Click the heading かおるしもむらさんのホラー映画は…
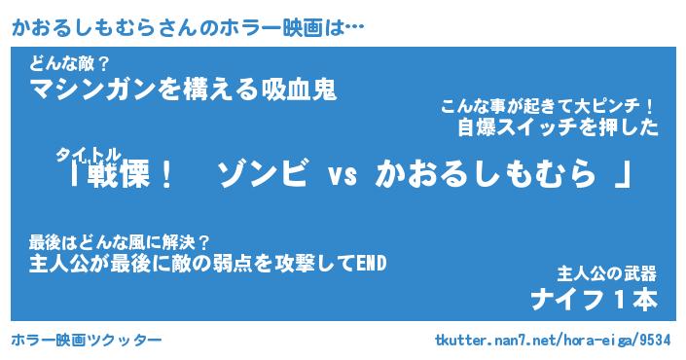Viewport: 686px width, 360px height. coord(188,28)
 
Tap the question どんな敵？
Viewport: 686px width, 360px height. coord(69,65)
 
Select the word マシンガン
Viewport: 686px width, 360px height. coord(93,90)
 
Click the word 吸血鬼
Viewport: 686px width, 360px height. coord(300,90)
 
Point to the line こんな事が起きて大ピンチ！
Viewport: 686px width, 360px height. coord(547,107)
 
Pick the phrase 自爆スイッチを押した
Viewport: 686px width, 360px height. coord(558,127)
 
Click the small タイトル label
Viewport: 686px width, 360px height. coord(88,154)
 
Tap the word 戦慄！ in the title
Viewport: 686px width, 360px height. coord(130,175)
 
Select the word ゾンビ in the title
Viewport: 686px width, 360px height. coord(263,173)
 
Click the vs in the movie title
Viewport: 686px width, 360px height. coord(343,176)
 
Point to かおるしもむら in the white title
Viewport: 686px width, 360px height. coord(486,174)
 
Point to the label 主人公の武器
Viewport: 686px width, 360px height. coord(607,273)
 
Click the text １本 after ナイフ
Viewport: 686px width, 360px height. coord(634,300)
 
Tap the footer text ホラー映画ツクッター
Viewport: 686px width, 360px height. coord(87,340)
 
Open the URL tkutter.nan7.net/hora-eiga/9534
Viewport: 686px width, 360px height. coord(553,341)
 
